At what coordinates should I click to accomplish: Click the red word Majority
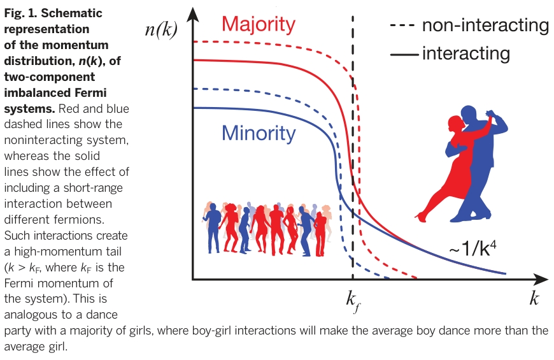click(258, 24)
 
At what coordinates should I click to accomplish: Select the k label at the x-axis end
click(534, 298)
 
